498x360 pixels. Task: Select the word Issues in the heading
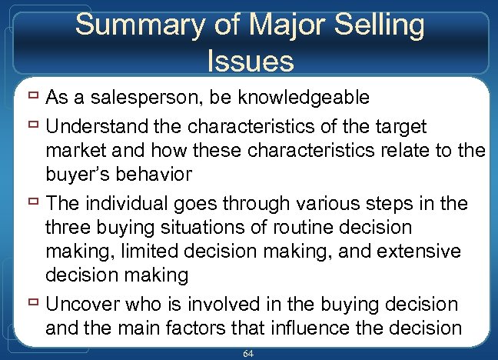(x=251, y=60)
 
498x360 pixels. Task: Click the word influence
(x=305, y=328)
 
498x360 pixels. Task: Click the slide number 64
(x=247, y=353)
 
